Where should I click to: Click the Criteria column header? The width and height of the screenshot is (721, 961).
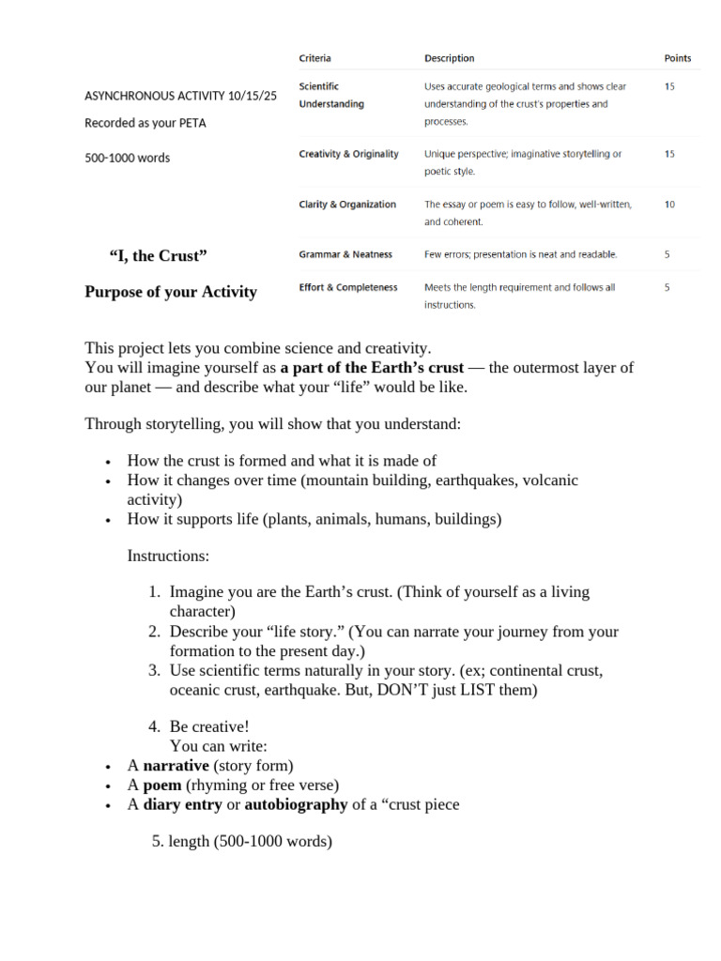[x=314, y=58]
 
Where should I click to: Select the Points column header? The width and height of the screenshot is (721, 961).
[x=677, y=58]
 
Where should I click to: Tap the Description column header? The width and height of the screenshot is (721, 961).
[x=449, y=58]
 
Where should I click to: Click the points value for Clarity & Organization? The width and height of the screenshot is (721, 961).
[x=668, y=205]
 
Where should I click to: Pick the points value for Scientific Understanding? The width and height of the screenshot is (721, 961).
[x=668, y=86]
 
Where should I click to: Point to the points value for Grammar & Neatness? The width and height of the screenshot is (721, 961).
[x=667, y=254]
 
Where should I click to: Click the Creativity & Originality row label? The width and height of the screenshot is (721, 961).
[x=348, y=154]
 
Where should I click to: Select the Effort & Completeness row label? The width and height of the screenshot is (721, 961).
[x=347, y=288]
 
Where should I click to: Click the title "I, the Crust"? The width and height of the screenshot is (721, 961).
[x=158, y=257]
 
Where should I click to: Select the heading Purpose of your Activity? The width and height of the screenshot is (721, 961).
[x=170, y=292]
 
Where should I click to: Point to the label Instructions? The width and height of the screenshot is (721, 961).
[x=168, y=556]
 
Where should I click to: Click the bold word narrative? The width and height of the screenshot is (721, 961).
[x=176, y=766]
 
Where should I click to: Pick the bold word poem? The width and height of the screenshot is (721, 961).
[x=162, y=785]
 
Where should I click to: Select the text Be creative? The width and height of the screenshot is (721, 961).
[x=209, y=727]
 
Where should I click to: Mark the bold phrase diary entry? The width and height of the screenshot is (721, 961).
[x=182, y=804]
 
